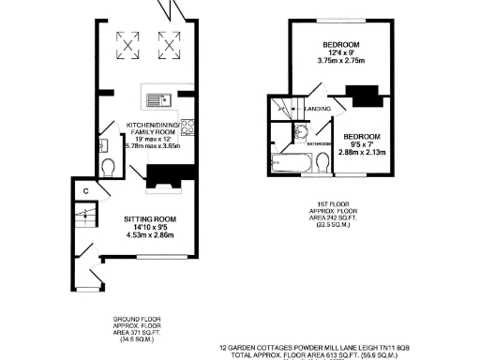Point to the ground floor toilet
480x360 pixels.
point(109,168)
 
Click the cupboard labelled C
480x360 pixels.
point(85,191)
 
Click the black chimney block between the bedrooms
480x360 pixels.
point(359,95)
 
